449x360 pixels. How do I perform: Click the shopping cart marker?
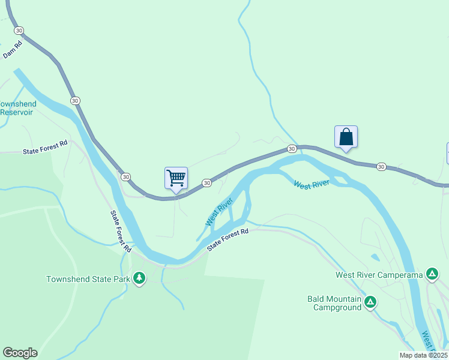click(x=176, y=178)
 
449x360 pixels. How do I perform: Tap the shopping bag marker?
click(x=346, y=137)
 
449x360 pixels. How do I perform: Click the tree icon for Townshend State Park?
click(x=139, y=278)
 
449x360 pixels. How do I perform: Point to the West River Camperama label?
click(x=379, y=275)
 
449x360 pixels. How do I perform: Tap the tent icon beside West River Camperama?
click(x=432, y=274)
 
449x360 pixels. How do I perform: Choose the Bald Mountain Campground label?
click(x=334, y=303)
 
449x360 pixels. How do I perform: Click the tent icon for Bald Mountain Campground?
click(x=371, y=302)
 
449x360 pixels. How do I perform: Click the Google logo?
click(x=20, y=353)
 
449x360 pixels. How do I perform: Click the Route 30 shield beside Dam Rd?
click(x=19, y=30)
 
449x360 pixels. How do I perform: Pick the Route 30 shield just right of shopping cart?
click(x=206, y=182)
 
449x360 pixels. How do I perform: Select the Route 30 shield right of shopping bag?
click(x=381, y=166)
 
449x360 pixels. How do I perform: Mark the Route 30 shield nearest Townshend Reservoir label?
click(x=74, y=100)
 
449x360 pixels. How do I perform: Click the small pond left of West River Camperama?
click(x=375, y=257)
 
